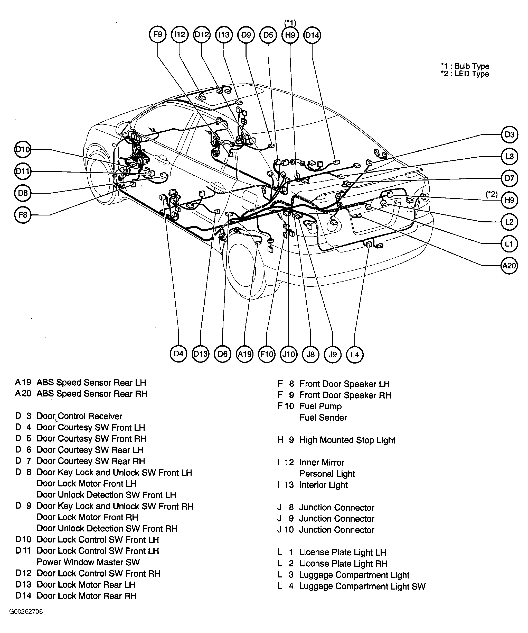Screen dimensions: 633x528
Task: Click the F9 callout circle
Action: coord(158,35)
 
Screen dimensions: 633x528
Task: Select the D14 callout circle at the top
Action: coord(312,35)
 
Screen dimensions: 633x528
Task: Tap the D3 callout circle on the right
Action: coord(509,134)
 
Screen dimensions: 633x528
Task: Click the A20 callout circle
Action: coord(509,266)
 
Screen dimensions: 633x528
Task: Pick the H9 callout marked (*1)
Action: coord(290,35)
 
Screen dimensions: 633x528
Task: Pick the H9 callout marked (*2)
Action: coord(509,200)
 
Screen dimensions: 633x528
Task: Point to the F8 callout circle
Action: coord(23,215)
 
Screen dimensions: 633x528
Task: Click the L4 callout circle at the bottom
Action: coord(355,355)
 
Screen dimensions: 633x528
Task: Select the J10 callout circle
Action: coord(289,354)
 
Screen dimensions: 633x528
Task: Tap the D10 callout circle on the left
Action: coord(23,150)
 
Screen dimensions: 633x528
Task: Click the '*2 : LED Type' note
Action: coord(465,74)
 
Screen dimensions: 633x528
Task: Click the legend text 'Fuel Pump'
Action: coord(320,406)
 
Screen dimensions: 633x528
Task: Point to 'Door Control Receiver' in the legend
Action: coord(79,416)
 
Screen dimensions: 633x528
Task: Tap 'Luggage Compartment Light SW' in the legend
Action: coord(362,586)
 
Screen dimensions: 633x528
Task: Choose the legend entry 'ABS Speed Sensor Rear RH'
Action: coord(92,394)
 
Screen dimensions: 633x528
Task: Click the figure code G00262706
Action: coord(26,612)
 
